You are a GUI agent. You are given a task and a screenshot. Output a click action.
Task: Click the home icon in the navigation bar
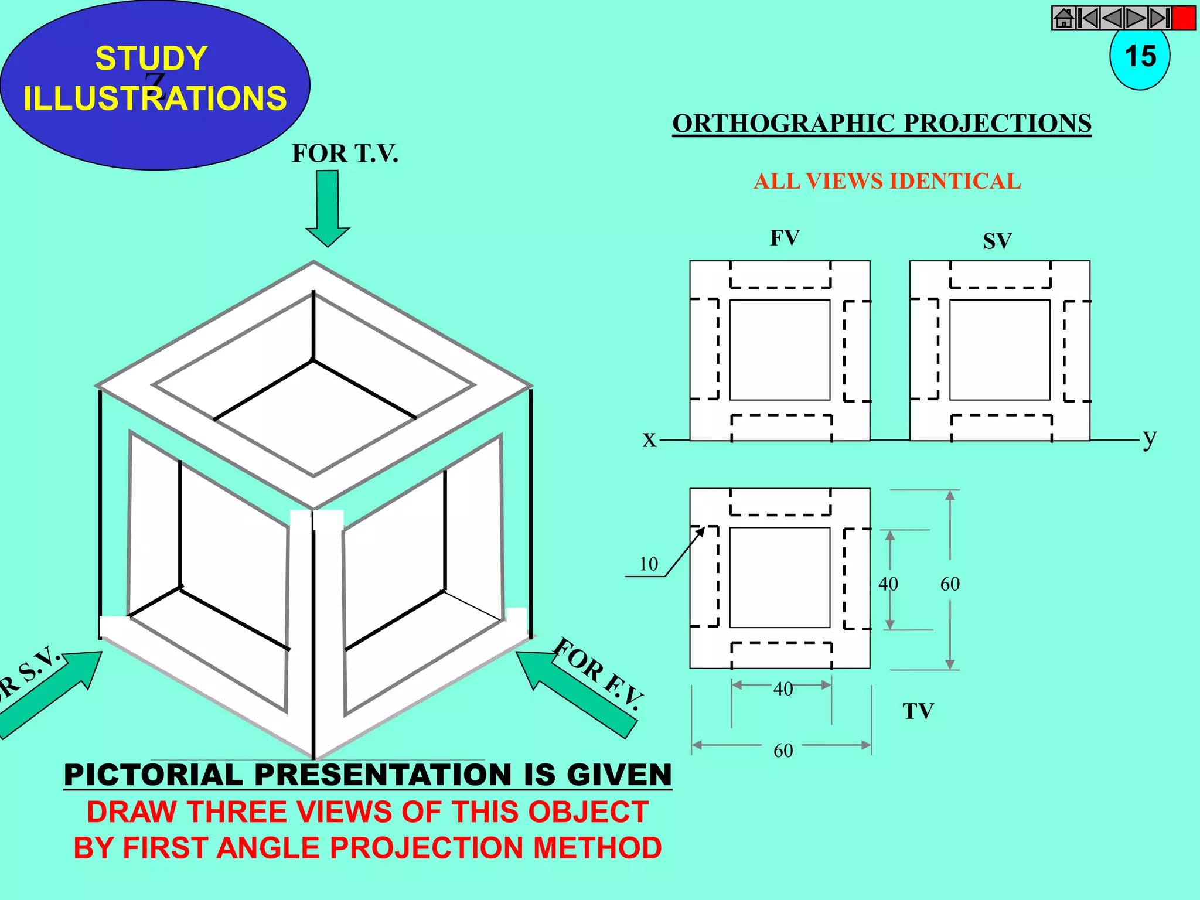pyautogui.click(x=1063, y=19)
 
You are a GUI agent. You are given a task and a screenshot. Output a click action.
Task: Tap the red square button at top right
pyautogui.click(x=1184, y=18)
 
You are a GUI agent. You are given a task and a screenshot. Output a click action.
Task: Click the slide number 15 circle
pyautogui.click(x=1140, y=57)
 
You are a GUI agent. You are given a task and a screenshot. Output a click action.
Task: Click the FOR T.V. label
pyautogui.click(x=345, y=154)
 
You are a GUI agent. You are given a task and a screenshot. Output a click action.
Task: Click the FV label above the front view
pyautogui.click(x=785, y=238)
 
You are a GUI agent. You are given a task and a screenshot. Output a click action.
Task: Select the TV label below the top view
pyautogui.click(x=918, y=711)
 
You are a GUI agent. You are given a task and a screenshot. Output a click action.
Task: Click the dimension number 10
pyautogui.click(x=649, y=564)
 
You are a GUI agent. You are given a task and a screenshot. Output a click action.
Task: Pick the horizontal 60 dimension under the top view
pyautogui.click(x=783, y=751)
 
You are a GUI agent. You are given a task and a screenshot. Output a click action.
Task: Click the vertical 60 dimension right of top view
pyautogui.click(x=950, y=584)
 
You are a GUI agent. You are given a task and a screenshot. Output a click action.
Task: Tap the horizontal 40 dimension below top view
pyautogui.click(x=783, y=688)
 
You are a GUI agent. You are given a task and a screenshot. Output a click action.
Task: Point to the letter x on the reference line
pyautogui.click(x=649, y=439)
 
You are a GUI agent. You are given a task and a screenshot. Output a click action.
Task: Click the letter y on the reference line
pyautogui.click(x=1150, y=438)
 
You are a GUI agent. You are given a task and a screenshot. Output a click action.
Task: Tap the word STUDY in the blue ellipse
pyautogui.click(x=151, y=59)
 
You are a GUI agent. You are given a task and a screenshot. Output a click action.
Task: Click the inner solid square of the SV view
pyautogui.click(x=1000, y=350)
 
